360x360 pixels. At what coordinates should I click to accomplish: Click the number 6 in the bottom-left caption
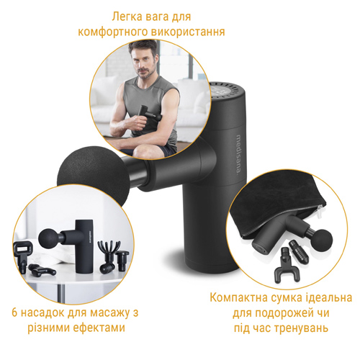[x=14, y=313]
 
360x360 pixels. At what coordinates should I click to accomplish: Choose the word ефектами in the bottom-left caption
[x=99, y=328]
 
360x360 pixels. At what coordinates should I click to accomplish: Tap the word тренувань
[x=301, y=328]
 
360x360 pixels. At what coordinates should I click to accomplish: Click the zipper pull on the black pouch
[x=320, y=210]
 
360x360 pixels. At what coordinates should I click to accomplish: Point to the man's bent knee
[x=144, y=150]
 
